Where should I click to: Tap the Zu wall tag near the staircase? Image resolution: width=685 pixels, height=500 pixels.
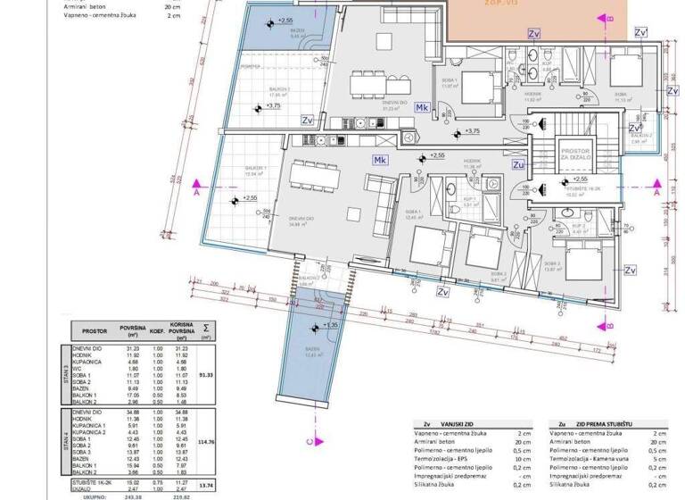[518, 164]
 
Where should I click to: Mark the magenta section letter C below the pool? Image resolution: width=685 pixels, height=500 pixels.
[308, 441]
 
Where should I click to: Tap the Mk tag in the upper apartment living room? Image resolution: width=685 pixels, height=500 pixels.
[423, 108]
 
